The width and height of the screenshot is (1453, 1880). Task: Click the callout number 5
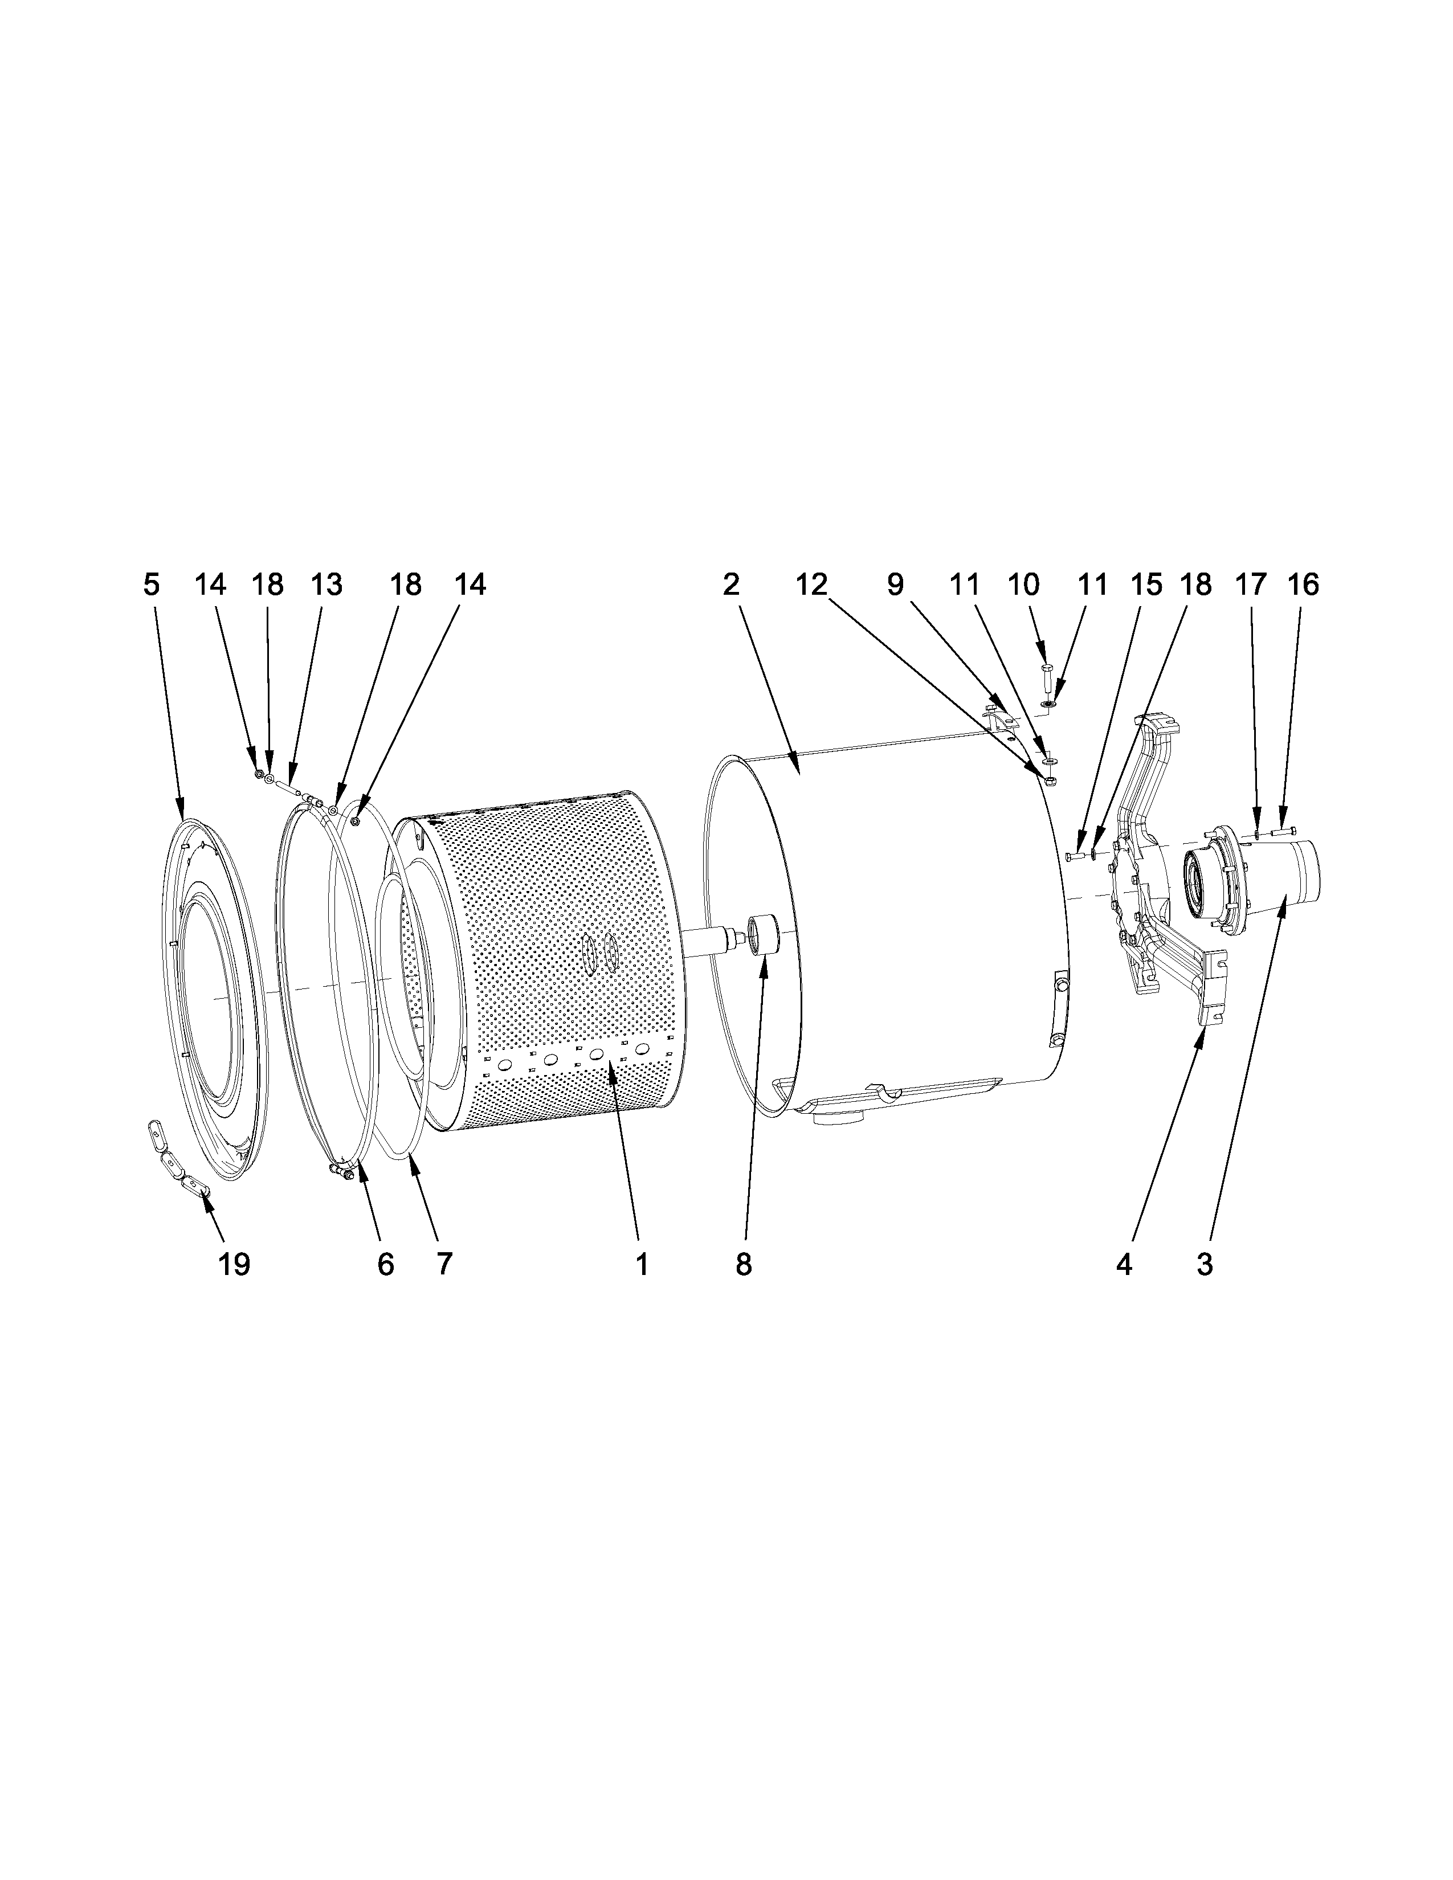pos(152,585)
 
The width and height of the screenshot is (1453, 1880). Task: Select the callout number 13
pos(326,585)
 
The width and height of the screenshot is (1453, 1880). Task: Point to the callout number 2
pos(731,585)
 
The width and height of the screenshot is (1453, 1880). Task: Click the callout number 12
pos(812,585)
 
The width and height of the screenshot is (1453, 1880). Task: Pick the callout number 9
pos(895,585)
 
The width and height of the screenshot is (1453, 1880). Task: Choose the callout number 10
pos(1023,585)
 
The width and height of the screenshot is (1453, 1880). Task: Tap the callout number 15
pos(1146,585)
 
